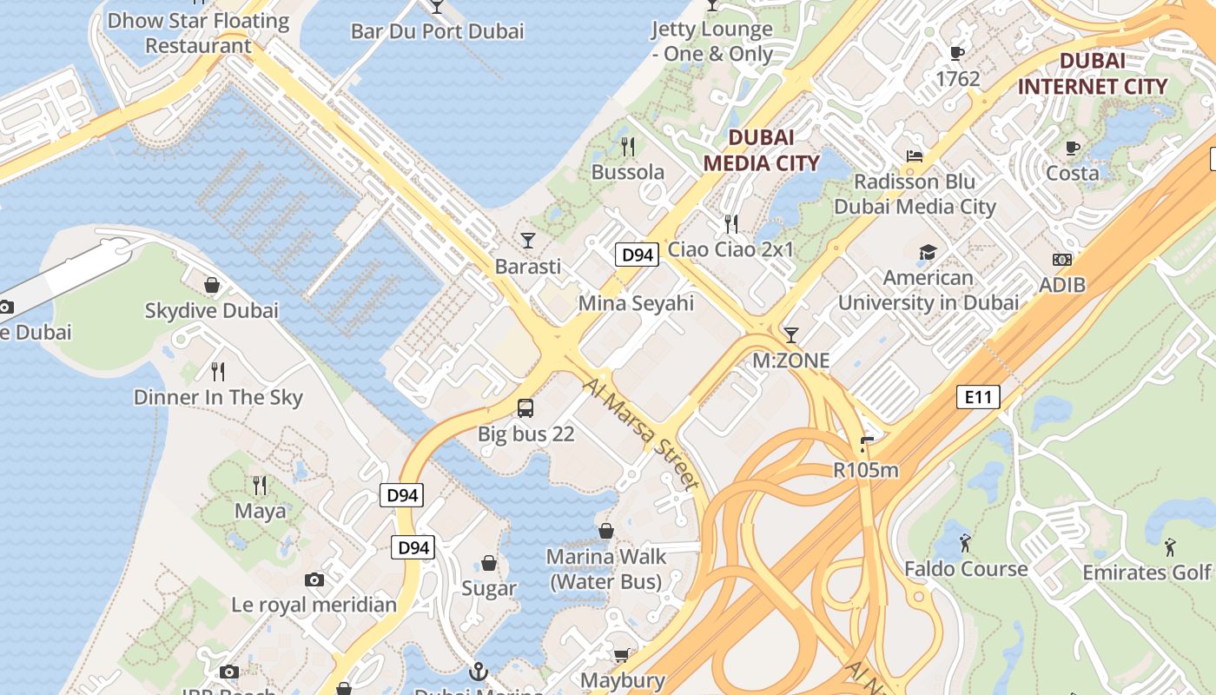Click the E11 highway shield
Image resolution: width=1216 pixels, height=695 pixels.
click(x=978, y=398)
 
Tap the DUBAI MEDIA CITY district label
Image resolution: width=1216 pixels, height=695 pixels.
click(x=761, y=150)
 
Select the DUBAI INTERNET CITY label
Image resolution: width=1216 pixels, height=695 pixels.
click(x=1093, y=74)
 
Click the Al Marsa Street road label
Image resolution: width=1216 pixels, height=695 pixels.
click(x=642, y=434)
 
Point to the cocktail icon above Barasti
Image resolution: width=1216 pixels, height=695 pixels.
click(x=528, y=240)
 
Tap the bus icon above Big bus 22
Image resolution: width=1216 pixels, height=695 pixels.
click(x=525, y=407)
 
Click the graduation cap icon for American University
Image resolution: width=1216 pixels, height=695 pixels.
click(x=928, y=253)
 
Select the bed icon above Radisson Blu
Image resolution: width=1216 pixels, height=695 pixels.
click(x=914, y=156)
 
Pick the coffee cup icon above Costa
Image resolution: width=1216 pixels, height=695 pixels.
click(x=1073, y=148)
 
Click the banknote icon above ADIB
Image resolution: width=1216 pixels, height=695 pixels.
click(x=1061, y=260)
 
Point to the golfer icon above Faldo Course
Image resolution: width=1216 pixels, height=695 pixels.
click(x=965, y=544)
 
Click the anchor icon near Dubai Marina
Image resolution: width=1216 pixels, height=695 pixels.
click(x=478, y=672)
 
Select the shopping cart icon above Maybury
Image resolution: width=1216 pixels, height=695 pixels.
click(x=621, y=655)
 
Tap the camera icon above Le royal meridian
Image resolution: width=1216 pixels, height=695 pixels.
click(x=314, y=579)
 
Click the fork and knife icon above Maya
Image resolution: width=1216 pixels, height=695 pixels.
click(x=260, y=485)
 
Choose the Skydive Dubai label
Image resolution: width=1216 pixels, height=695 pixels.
click(x=211, y=310)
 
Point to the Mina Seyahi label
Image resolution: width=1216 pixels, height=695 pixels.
click(x=636, y=303)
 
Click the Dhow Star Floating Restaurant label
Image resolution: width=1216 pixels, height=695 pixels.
click(x=198, y=33)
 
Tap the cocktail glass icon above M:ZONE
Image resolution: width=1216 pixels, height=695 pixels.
click(x=790, y=335)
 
